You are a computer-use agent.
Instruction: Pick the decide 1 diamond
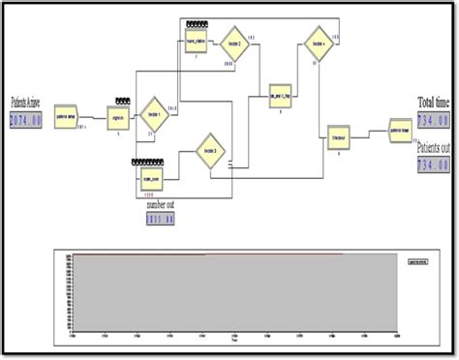(x=154, y=112)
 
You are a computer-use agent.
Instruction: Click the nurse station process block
(x=197, y=42)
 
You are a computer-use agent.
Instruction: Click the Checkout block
(x=338, y=137)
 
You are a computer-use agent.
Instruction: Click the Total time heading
(x=432, y=102)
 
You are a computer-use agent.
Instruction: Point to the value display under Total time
(x=433, y=120)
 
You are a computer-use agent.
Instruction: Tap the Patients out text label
(x=432, y=151)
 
